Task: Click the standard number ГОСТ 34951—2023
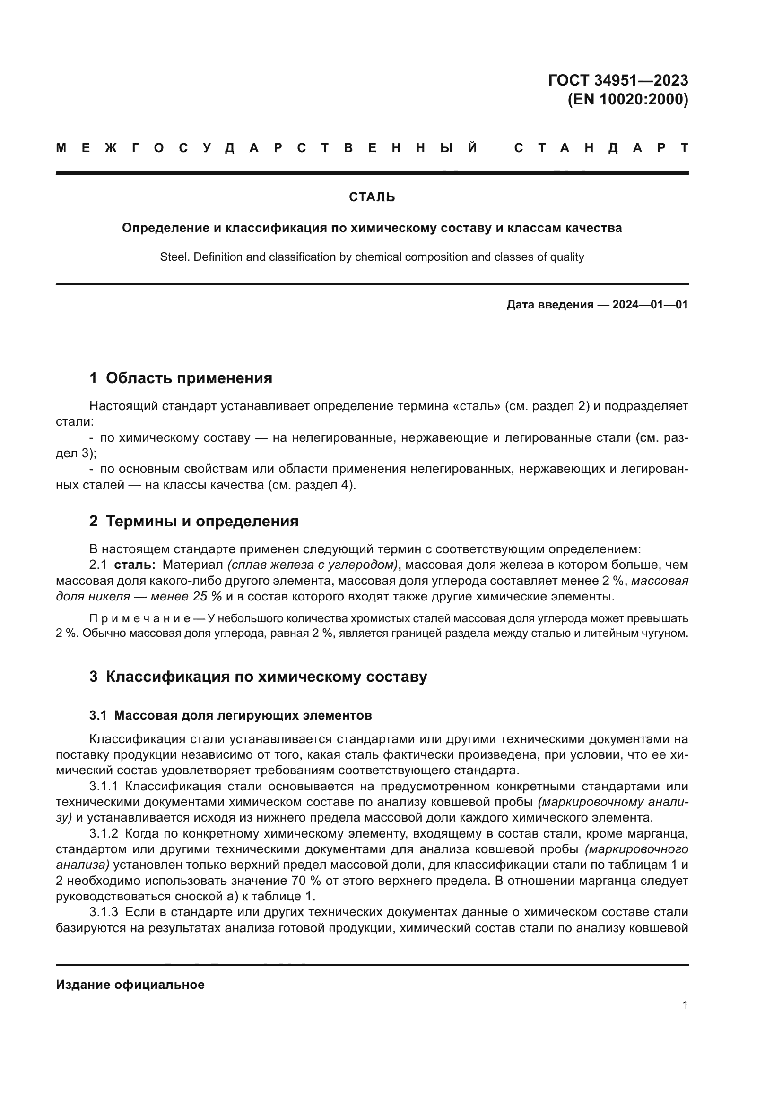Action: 618,80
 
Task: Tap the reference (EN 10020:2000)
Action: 628,100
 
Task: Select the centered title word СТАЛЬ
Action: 372,197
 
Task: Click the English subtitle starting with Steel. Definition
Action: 372,257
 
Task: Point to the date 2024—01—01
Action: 650,305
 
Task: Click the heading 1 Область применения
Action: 181,378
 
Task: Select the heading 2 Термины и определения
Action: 193,521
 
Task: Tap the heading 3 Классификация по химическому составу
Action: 258,677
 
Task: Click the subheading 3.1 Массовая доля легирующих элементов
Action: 230,716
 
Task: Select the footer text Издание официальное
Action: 130,985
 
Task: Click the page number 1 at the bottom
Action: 685,1005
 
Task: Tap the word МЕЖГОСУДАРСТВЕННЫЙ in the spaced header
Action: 267,148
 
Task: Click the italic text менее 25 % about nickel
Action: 186,596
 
